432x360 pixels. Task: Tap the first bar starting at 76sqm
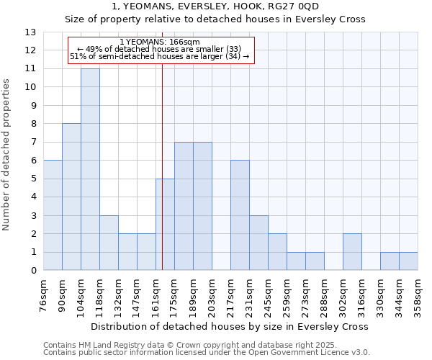(x=53, y=215)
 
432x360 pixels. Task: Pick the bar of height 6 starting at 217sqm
(x=240, y=215)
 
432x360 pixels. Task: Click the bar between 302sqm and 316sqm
(x=352, y=252)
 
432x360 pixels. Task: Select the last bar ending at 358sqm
(x=408, y=261)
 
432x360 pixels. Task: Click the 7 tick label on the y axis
(x=33, y=143)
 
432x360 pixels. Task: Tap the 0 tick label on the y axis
(x=33, y=271)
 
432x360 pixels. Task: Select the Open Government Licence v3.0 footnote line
(x=207, y=352)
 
